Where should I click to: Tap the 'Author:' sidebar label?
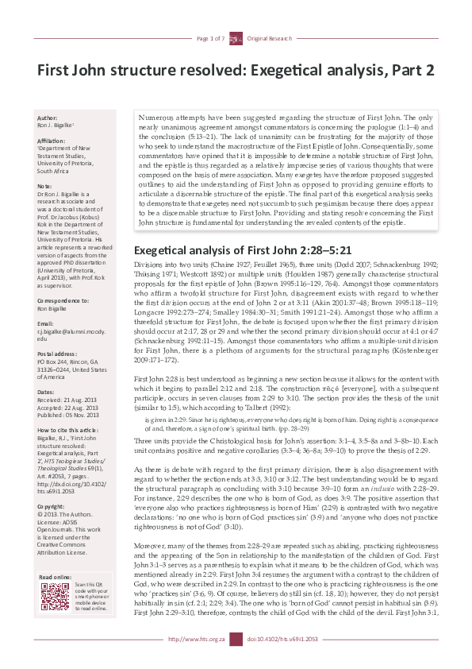(x=48, y=118)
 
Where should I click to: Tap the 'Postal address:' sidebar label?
(x=58, y=332)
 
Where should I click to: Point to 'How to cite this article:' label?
(x=70, y=430)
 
